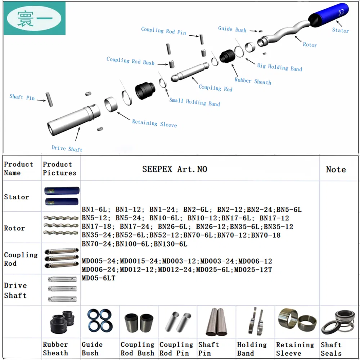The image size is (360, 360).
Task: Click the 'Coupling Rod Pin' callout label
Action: [x=163, y=31]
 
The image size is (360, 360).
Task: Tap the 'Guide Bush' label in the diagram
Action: [x=232, y=29]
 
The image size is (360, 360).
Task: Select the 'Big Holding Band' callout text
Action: [x=279, y=67]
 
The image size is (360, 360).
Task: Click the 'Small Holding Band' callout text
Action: [x=194, y=102]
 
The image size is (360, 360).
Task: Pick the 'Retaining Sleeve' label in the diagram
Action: [x=154, y=123]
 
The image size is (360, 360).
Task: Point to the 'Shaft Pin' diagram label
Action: [x=22, y=97]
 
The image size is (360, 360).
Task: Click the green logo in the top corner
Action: [x=35, y=18]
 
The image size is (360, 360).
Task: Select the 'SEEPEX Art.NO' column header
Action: [x=175, y=169]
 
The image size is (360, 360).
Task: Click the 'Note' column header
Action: [x=336, y=169]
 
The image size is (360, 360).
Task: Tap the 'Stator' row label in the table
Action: [x=17, y=197]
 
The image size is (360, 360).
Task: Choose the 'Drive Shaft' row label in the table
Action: [x=15, y=290]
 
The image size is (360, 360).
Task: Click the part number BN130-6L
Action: [x=171, y=244]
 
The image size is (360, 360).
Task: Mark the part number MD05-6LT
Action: [x=98, y=278]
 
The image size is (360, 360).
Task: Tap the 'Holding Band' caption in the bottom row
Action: [x=252, y=349]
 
